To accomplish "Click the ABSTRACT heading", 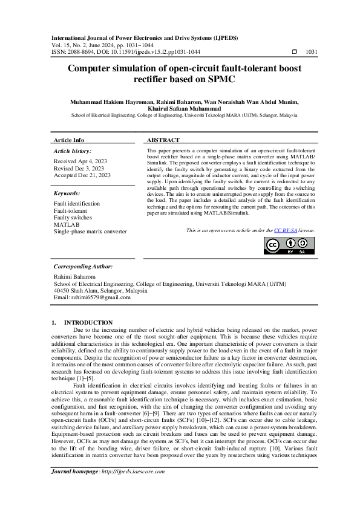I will pos(163,140).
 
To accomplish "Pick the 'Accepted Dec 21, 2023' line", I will pos(82,175).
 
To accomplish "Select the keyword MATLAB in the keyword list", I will pos(67,224).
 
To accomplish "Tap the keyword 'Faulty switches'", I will pos(73,218).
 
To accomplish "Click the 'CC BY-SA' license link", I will pos(287,230).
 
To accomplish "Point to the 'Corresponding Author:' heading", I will pos(83,266).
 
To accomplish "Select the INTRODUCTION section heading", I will pos(88,323).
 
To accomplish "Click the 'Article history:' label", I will pos(73,151).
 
